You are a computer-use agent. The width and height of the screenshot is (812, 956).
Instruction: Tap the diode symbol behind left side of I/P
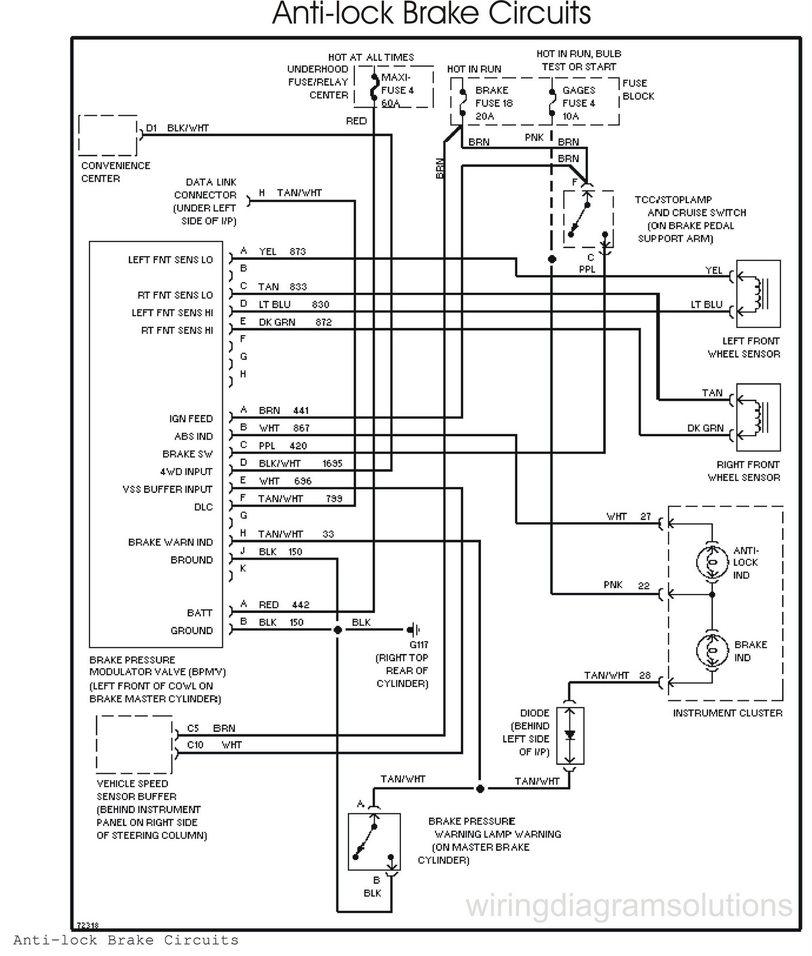[570, 736]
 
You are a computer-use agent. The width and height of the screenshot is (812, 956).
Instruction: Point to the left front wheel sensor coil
[759, 293]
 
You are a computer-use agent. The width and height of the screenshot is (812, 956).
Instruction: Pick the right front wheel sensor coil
[759, 417]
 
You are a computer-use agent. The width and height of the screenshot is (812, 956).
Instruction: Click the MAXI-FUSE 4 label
[397, 90]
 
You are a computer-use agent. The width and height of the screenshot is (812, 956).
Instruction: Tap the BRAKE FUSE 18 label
[494, 103]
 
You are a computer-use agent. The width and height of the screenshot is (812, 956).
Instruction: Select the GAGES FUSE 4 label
[578, 103]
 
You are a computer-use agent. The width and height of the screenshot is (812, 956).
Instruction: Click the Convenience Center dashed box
[108, 135]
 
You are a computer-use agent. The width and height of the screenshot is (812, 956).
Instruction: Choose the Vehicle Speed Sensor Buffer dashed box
[134, 744]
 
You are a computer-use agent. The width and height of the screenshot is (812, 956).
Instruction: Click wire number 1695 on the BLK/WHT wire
[332, 464]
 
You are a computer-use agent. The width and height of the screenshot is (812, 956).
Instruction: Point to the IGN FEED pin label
[191, 419]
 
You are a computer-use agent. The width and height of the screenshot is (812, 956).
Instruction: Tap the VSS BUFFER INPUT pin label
[167, 489]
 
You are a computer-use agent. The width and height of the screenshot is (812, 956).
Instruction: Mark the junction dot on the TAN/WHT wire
[480, 789]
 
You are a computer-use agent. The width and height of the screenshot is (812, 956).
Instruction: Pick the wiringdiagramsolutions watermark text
[629, 905]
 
